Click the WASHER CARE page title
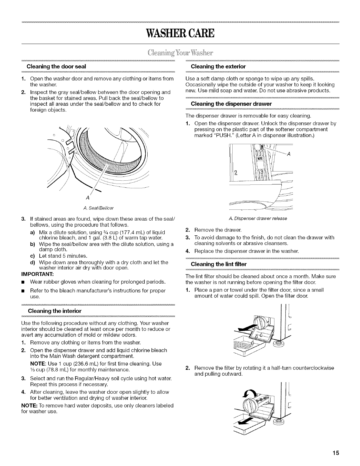coord(180,33)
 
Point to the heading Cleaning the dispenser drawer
coord(231,104)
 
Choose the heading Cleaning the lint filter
coord(219,264)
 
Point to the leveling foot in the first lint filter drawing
coord(277,344)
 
